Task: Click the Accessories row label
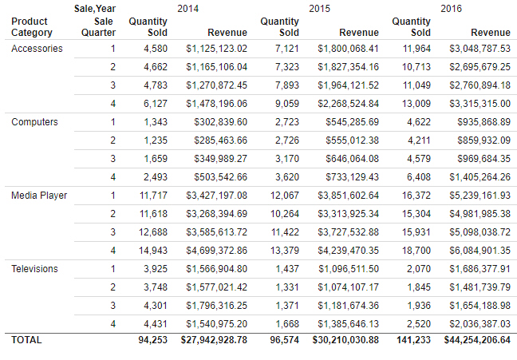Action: coord(37,49)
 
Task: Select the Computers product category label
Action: coord(35,122)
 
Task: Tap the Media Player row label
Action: coord(39,196)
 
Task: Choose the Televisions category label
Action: coord(35,269)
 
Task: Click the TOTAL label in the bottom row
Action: coord(27,340)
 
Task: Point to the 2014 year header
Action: coord(188,8)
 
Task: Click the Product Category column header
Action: coord(32,27)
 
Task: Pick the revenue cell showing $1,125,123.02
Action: coord(216,49)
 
